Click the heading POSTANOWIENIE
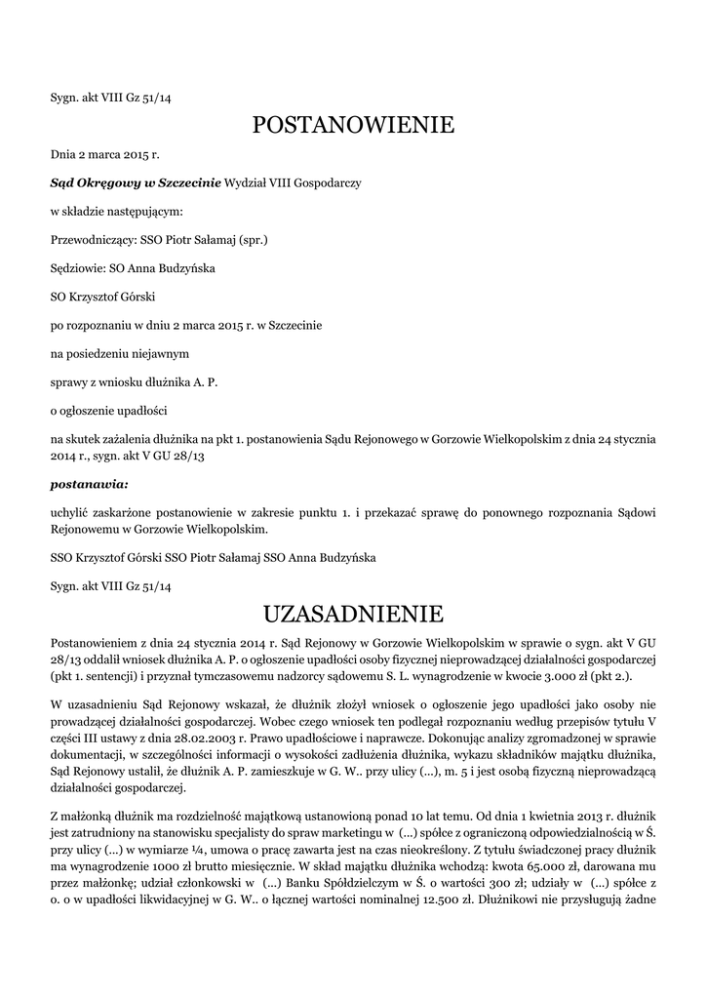click(353, 125)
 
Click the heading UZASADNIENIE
click(353, 614)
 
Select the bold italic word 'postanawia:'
click(89, 483)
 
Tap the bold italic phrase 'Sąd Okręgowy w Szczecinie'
click(136, 182)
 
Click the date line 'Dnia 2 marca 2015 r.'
click(104, 154)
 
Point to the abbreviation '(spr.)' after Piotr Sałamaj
click(252, 239)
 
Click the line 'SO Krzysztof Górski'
click(103, 296)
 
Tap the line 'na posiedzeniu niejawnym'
click(120, 352)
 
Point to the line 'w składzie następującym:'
click(116, 211)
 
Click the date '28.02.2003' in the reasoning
click(191, 739)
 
